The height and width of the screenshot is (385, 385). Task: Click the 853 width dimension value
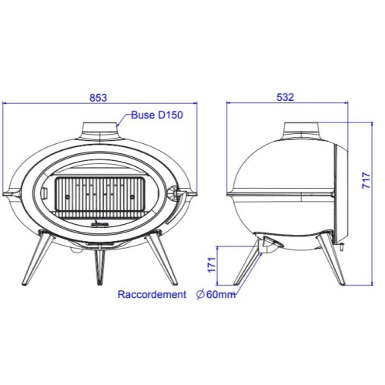pos(99,98)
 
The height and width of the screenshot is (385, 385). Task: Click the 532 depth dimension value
pos(285,97)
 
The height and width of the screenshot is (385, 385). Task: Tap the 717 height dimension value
pos(367,181)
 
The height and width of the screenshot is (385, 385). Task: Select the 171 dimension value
pos(212,265)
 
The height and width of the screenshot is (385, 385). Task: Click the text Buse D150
pos(157,115)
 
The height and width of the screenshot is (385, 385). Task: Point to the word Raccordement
pos(152,294)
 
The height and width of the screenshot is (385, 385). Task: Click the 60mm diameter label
pos(221,294)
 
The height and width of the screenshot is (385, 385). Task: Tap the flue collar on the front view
pos(99,131)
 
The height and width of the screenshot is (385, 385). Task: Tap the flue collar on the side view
pos(302,130)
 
